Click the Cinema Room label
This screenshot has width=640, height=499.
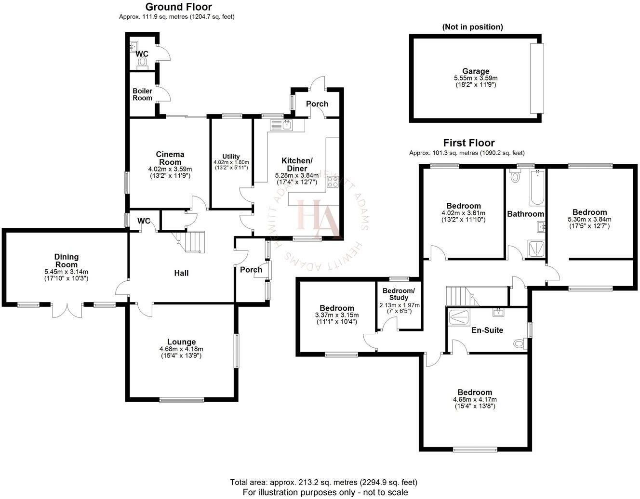(170, 158)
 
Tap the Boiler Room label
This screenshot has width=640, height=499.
(143, 94)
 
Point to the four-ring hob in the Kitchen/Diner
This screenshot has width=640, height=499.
(333, 182)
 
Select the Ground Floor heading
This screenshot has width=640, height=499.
(178, 7)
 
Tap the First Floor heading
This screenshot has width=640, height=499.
(468, 143)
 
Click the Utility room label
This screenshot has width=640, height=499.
(231, 157)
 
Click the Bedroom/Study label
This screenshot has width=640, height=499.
(398, 294)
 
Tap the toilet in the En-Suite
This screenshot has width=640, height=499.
(520, 343)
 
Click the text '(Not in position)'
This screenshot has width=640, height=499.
(472, 27)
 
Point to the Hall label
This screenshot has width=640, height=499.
(181, 273)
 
